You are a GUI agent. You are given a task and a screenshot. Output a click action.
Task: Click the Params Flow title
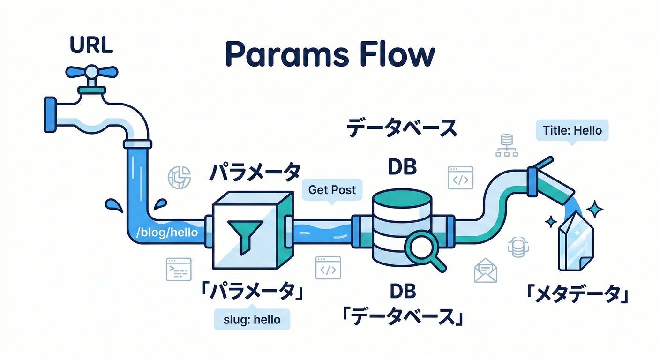tap(330, 55)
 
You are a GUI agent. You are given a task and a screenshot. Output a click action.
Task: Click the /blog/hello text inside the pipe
tap(167, 232)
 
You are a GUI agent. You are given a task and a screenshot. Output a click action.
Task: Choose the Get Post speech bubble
tap(332, 190)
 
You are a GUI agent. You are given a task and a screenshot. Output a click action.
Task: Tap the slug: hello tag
tap(251, 320)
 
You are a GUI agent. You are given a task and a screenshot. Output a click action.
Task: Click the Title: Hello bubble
tap(572, 130)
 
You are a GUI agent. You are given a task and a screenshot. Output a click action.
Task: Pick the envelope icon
tap(485, 271)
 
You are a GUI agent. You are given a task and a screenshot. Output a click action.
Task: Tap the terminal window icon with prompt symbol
tap(179, 269)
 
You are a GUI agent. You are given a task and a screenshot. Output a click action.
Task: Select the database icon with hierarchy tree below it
tap(506, 145)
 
